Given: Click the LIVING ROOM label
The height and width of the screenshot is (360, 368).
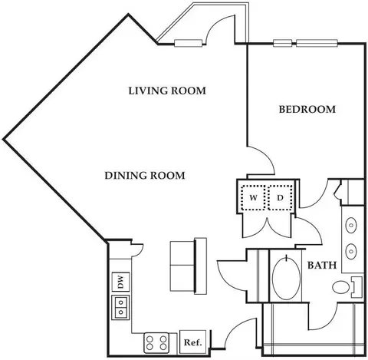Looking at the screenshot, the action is coord(167,91).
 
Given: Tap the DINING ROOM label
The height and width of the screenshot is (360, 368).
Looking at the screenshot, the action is coord(145,176).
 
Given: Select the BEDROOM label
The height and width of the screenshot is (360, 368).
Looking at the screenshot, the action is coord(307,110).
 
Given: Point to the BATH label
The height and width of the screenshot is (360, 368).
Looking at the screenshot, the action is coord(322,265).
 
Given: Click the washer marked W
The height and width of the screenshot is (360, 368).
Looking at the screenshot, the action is coord(253,197).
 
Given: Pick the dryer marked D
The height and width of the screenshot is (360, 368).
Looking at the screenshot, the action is coord(281,197).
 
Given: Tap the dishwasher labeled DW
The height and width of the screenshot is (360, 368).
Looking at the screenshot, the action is coord(120,282).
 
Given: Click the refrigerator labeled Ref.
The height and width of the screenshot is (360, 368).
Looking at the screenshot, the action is coord(193,342).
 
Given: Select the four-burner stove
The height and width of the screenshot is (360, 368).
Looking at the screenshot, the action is coord(156,343).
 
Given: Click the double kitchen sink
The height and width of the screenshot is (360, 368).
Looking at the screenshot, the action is coord(120,308).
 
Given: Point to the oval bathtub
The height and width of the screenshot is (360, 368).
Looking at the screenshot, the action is coord(286,278).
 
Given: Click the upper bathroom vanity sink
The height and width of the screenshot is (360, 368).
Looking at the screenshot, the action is coord(351,225).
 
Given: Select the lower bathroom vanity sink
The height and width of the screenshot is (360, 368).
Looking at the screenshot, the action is coord(351,251).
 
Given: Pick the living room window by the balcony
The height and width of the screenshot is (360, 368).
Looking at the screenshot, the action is coord(189,43).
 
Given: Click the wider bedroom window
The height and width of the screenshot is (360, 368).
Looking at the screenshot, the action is coord(317,43).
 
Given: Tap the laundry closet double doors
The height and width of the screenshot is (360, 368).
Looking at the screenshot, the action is coord(267,228).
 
